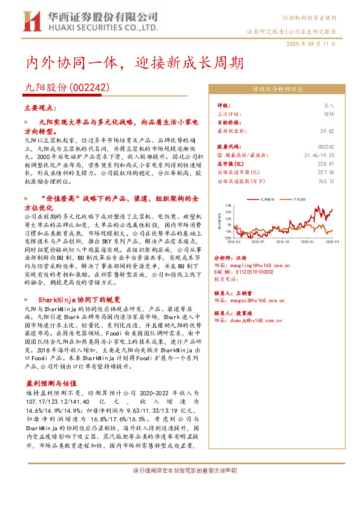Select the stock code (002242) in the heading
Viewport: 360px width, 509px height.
[x=90, y=87]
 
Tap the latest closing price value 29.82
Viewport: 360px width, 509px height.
[x=326, y=131]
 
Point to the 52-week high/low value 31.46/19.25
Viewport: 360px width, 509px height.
[x=318, y=155]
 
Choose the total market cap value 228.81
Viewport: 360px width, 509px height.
[x=326, y=163]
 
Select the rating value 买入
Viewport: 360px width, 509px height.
[x=329, y=105]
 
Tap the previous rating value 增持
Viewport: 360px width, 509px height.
[x=329, y=113]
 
